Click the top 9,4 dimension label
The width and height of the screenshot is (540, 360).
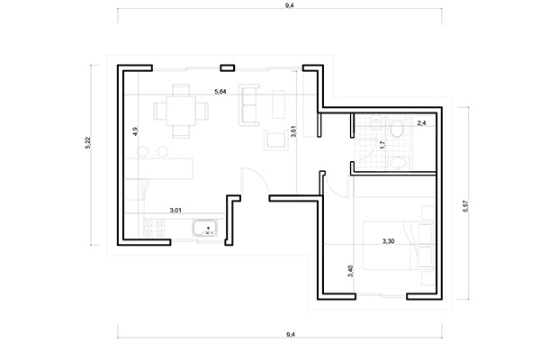289,5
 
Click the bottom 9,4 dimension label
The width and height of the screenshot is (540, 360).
291,334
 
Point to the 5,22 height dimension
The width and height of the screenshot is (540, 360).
87,143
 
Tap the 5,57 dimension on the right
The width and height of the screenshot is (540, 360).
466,206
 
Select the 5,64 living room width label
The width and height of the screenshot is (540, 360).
220,92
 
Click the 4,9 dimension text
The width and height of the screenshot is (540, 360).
135,131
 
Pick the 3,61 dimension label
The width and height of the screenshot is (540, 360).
293,131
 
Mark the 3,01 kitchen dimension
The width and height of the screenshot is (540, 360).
175,210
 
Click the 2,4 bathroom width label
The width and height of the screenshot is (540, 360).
421,123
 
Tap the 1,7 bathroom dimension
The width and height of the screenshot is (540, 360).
382,144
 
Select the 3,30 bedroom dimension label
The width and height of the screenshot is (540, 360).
389,241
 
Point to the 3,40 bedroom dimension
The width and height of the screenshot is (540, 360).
351,271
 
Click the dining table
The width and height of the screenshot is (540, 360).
181,111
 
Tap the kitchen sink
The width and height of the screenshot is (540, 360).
205,229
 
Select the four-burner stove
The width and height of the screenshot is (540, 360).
154,228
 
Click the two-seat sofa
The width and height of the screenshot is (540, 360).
249,105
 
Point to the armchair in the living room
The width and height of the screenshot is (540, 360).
276,139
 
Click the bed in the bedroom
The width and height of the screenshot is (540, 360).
399,246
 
